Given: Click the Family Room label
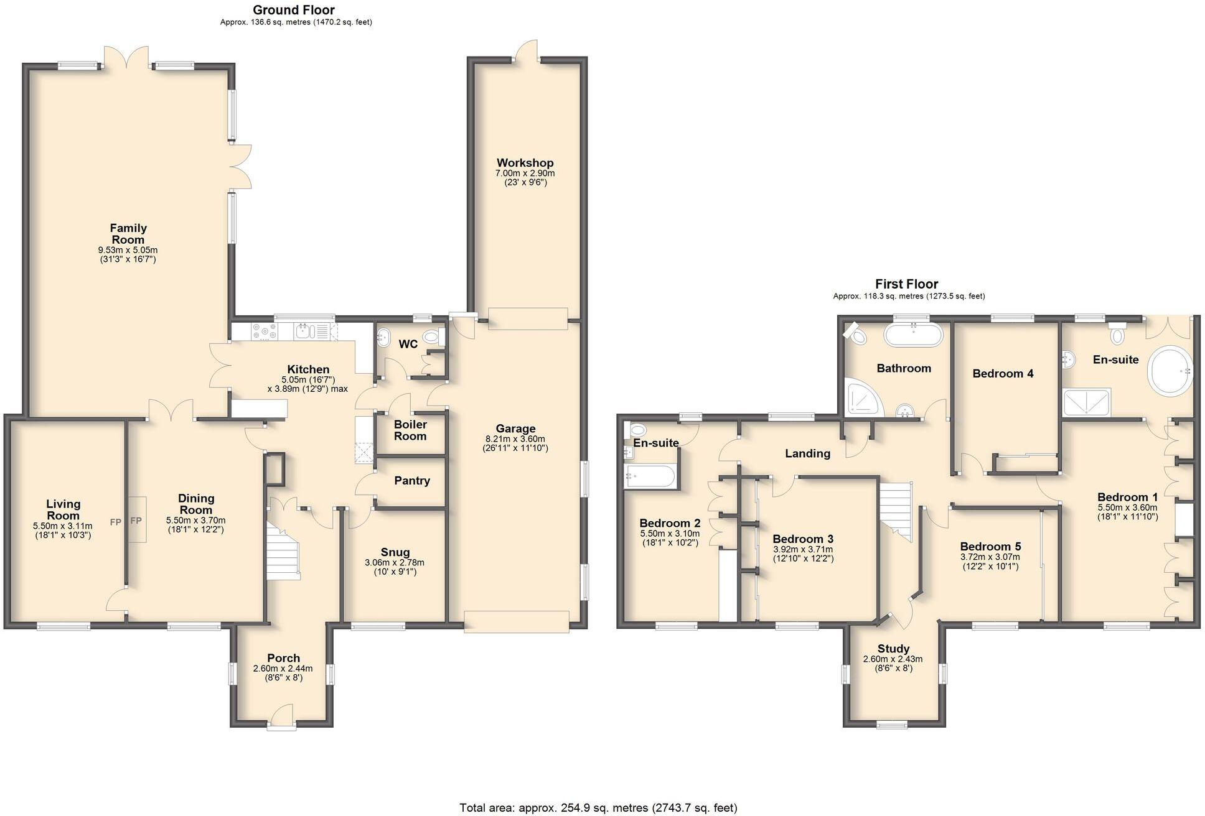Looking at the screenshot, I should tap(128, 234).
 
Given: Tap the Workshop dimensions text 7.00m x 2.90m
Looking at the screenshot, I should tap(524, 174).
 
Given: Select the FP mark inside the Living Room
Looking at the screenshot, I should tap(116, 522).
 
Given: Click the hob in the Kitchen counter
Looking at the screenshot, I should tap(265, 331).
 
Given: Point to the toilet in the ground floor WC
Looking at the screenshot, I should tap(431, 338).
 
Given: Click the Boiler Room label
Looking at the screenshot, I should tap(410, 430).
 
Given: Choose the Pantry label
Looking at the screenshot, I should tap(411, 481).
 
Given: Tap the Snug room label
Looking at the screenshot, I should tap(395, 552).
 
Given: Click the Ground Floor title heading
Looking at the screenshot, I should tap(294, 10).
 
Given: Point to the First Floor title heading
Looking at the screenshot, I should tap(906, 284).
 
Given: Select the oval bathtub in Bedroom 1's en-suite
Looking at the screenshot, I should tap(1171, 371).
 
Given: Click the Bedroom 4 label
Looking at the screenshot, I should tap(1003, 374).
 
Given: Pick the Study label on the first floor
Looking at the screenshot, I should tap(893, 649).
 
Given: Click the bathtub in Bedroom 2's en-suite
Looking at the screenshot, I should tap(649, 477).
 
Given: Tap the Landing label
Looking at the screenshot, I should tap(807, 453).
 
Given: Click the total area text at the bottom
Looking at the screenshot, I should tap(598, 808).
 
